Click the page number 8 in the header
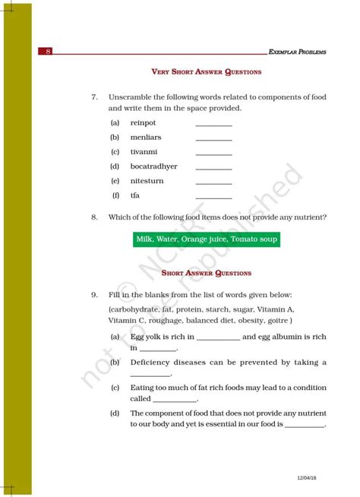48,52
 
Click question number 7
93,97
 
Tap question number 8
93,217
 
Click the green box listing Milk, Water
207,239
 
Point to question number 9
93,294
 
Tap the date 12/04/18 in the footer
308,477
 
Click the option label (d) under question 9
114,413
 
